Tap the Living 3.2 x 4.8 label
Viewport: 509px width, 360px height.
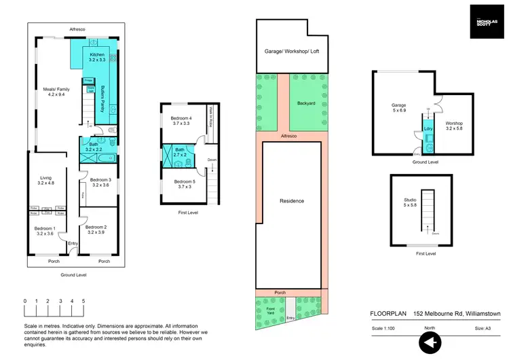click(47, 180)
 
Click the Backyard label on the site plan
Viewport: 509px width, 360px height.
click(306, 104)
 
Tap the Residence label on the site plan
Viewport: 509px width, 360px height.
click(291, 201)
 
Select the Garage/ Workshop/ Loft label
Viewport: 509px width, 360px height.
click(291, 52)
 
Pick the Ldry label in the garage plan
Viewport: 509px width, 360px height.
click(428, 128)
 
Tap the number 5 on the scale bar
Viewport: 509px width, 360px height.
click(83, 301)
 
